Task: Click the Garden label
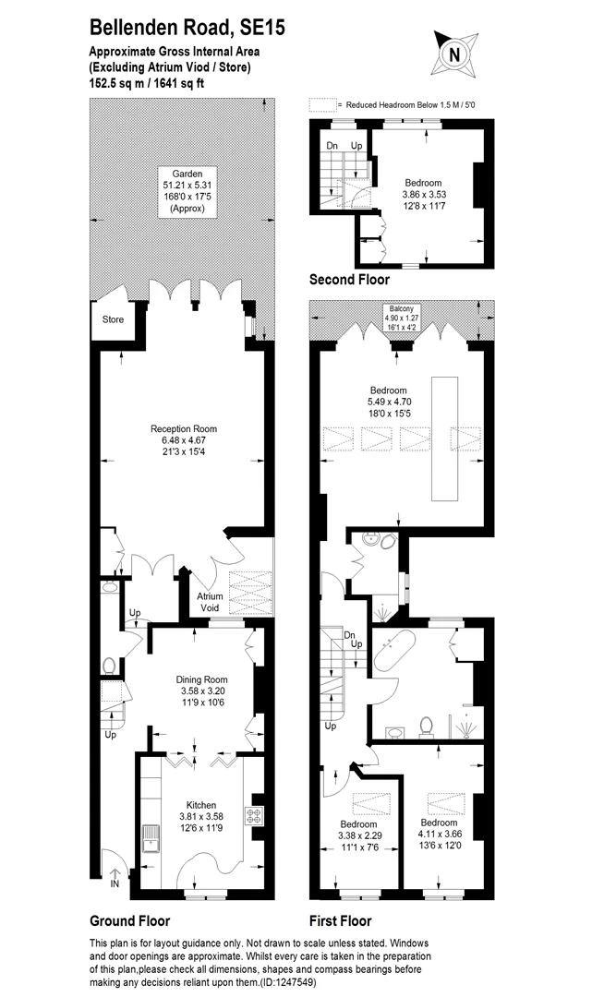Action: click(x=180, y=173)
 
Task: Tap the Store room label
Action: click(x=113, y=320)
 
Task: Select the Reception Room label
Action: click(x=184, y=428)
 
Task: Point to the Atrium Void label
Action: click(x=210, y=602)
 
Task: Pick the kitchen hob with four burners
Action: click(x=255, y=815)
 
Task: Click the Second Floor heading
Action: click(x=349, y=279)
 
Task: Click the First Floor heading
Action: click(x=340, y=920)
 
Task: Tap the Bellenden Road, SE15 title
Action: click(x=187, y=29)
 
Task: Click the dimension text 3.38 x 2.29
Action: click(x=358, y=835)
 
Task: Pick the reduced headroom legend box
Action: click(x=322, y=105)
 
